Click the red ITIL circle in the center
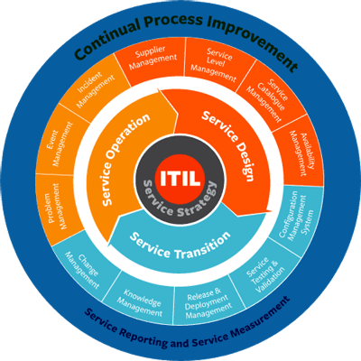(x=180, y=178)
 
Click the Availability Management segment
(x=298, y=152)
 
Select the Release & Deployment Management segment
(x=208, y=304)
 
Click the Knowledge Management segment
(x=141, y=300)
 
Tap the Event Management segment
(x=61, y=143)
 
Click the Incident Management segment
(x=95, y=88)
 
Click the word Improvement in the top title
(x=252, y=39)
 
